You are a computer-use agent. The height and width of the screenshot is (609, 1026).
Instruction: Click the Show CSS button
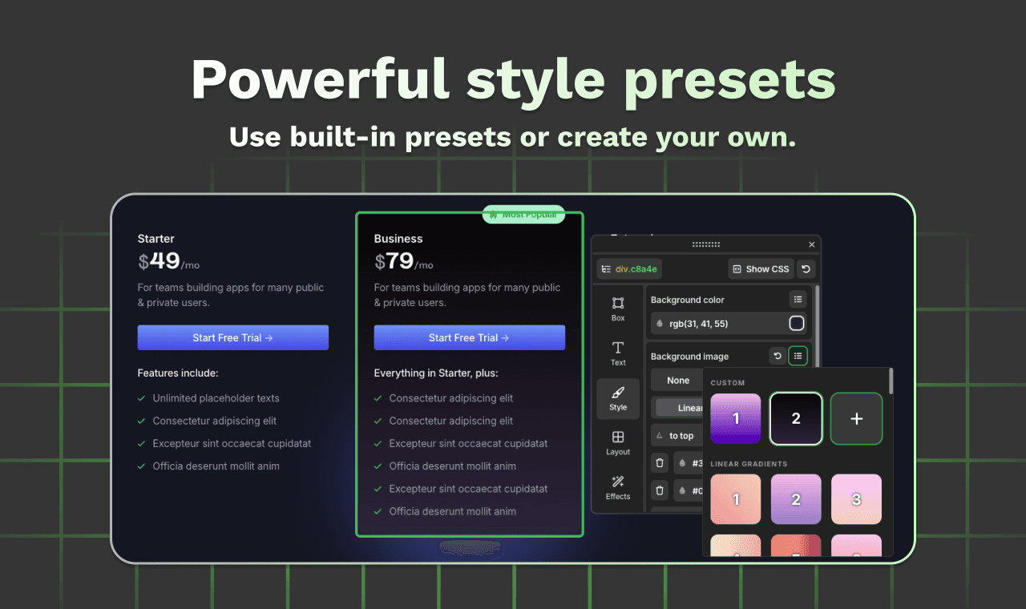(x=761, y=269)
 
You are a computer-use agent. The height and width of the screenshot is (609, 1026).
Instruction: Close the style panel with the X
(x=811, y=244)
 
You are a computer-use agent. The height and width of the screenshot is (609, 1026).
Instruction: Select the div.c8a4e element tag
(x=629, y=269)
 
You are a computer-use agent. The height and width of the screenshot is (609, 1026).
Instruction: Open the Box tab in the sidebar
(x=618, y=309)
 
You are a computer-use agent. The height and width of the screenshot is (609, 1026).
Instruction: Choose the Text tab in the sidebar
(x=618, y=353)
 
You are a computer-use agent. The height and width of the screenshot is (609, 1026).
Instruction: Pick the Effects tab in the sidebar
(x=618, y=486)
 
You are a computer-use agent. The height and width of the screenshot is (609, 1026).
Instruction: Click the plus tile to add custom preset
(x=856, y=418)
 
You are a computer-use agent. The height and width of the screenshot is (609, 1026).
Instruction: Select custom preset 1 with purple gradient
(x=736, y=418)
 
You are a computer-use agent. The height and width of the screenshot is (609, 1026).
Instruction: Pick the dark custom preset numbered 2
(x=796, y=418)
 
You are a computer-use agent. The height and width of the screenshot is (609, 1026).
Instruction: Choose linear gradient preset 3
(x=856, y=499)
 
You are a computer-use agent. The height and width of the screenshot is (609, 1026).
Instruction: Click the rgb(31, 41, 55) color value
(x=698, y=324)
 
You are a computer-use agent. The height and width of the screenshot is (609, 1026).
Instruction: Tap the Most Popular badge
(x=523, y=215)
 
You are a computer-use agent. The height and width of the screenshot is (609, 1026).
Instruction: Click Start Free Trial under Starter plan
(x=232, y=337)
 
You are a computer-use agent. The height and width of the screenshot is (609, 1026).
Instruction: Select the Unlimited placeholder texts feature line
(x=216, y=398)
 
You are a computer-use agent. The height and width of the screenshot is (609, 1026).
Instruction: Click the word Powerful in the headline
(x=320, y=80)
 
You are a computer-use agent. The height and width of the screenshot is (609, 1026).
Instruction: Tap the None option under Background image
(x=678, y=381)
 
